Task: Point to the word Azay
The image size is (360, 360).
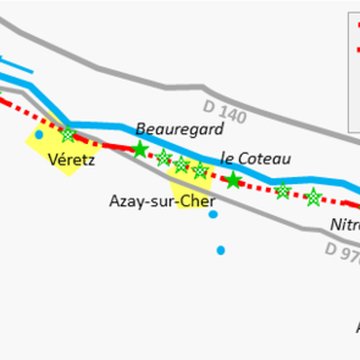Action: [126, 200]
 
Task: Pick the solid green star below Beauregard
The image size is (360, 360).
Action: [140, 150]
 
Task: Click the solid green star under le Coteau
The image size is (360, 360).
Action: [233, 180]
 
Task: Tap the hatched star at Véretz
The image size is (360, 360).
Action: [68, 134]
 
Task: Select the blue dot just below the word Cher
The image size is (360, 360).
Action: [213, 214]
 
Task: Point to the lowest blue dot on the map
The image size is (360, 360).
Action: [221, 250]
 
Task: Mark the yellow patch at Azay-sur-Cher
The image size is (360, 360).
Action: [190, 190]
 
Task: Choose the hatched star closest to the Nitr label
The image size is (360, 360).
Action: [314, 196]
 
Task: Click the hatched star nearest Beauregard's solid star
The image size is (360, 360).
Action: [163, 157]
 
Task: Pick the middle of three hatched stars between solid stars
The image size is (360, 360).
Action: [182, 164]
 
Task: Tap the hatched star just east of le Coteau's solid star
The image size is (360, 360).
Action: [283, 190]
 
